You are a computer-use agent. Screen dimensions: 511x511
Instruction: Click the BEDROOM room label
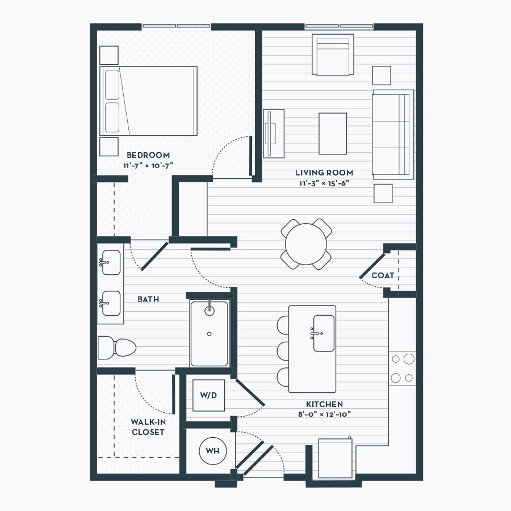pyautogui.click(x=148, y=155)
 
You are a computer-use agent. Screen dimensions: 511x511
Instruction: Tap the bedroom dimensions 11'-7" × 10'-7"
pyautogui.click(x=148, y=166)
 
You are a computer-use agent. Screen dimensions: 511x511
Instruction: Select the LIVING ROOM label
pyautogui.click(x=324, y=173)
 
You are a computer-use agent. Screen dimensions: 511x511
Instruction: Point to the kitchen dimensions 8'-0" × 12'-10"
pyautogui.click(x=324, y=414)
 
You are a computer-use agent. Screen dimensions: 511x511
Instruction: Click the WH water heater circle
pyautogui.click(x=212, y=451)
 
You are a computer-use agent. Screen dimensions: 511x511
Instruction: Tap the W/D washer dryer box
pyautogui.click(x=208, y=395)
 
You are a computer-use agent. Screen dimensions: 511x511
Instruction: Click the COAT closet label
pyautogui.click(x=383, y=276)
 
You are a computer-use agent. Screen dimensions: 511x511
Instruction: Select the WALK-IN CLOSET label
pyautogui.click(x=148, y=427)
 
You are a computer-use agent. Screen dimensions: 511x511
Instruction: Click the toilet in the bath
pyautogui.click(x=116, y=347)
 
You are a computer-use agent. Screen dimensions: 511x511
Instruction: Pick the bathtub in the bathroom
pyautogui.click(x=209, y=333)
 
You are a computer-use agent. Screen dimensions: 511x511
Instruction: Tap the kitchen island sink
pyautogui.click(x=324, y=333)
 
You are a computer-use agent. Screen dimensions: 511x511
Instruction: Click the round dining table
pyautogui.click(x=306, y=244)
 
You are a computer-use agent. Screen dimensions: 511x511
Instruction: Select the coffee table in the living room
pyautogui.click(x=333, y=133)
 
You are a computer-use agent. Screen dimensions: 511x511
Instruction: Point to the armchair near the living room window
pyautogui.click(x=333, y=55)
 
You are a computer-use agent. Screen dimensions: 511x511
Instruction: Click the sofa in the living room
pyautogui.click(x=393, y=134)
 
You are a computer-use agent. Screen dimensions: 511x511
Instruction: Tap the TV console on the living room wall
pyautogui.click(x=274, y=133)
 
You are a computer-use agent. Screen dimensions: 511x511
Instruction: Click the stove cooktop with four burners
pyautogui.click(x=403, y=368)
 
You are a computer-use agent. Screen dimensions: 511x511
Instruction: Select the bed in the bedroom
pyautogui.click(x=148, y=101)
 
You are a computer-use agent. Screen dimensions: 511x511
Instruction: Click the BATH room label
pyautogui.click(x=148, y=299)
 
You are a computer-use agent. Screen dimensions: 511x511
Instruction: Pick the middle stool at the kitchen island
pyautogui.click(x=283, y=351)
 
